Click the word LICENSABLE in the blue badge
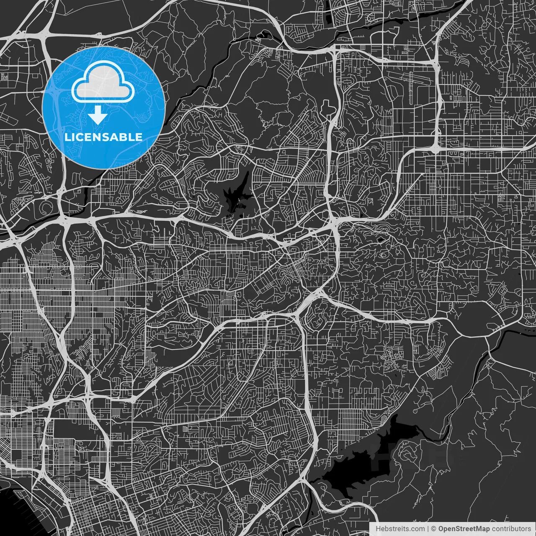click(x=103, y=137)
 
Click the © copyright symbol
click(x=434, y=529)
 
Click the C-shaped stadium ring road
click(x=45, y=208)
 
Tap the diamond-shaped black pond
click(x=380, y=239)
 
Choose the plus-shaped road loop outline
click(x=327, y=106)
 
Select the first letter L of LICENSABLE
click(x=67, y=137)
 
